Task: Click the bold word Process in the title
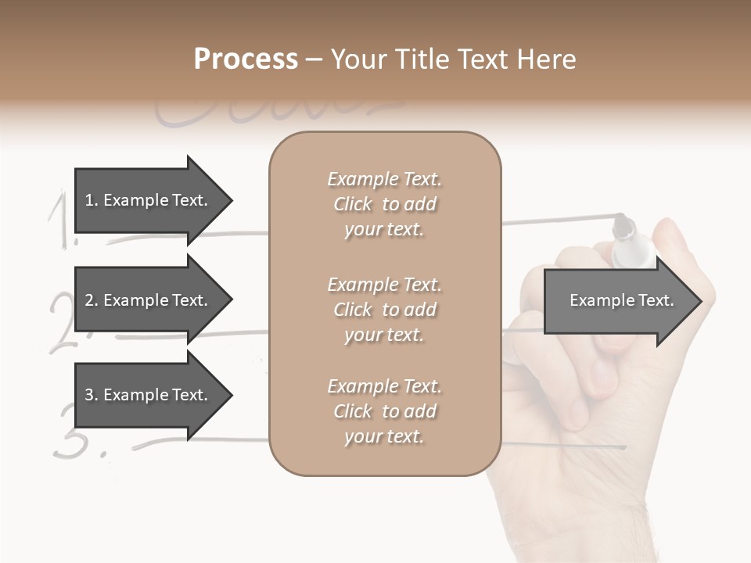(x=246, y=59)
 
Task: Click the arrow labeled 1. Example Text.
(x=149, y=200)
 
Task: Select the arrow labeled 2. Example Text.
(x=149, y=300)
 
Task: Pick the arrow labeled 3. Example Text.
(x=149, y=395)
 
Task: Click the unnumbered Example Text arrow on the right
(x=622, y=300)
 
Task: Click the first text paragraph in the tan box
(x=384, y=204)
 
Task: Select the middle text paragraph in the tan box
(x=384, y=310)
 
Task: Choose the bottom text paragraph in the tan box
(x=384, y=411)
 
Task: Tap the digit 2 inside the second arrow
(x=89, y=300)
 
